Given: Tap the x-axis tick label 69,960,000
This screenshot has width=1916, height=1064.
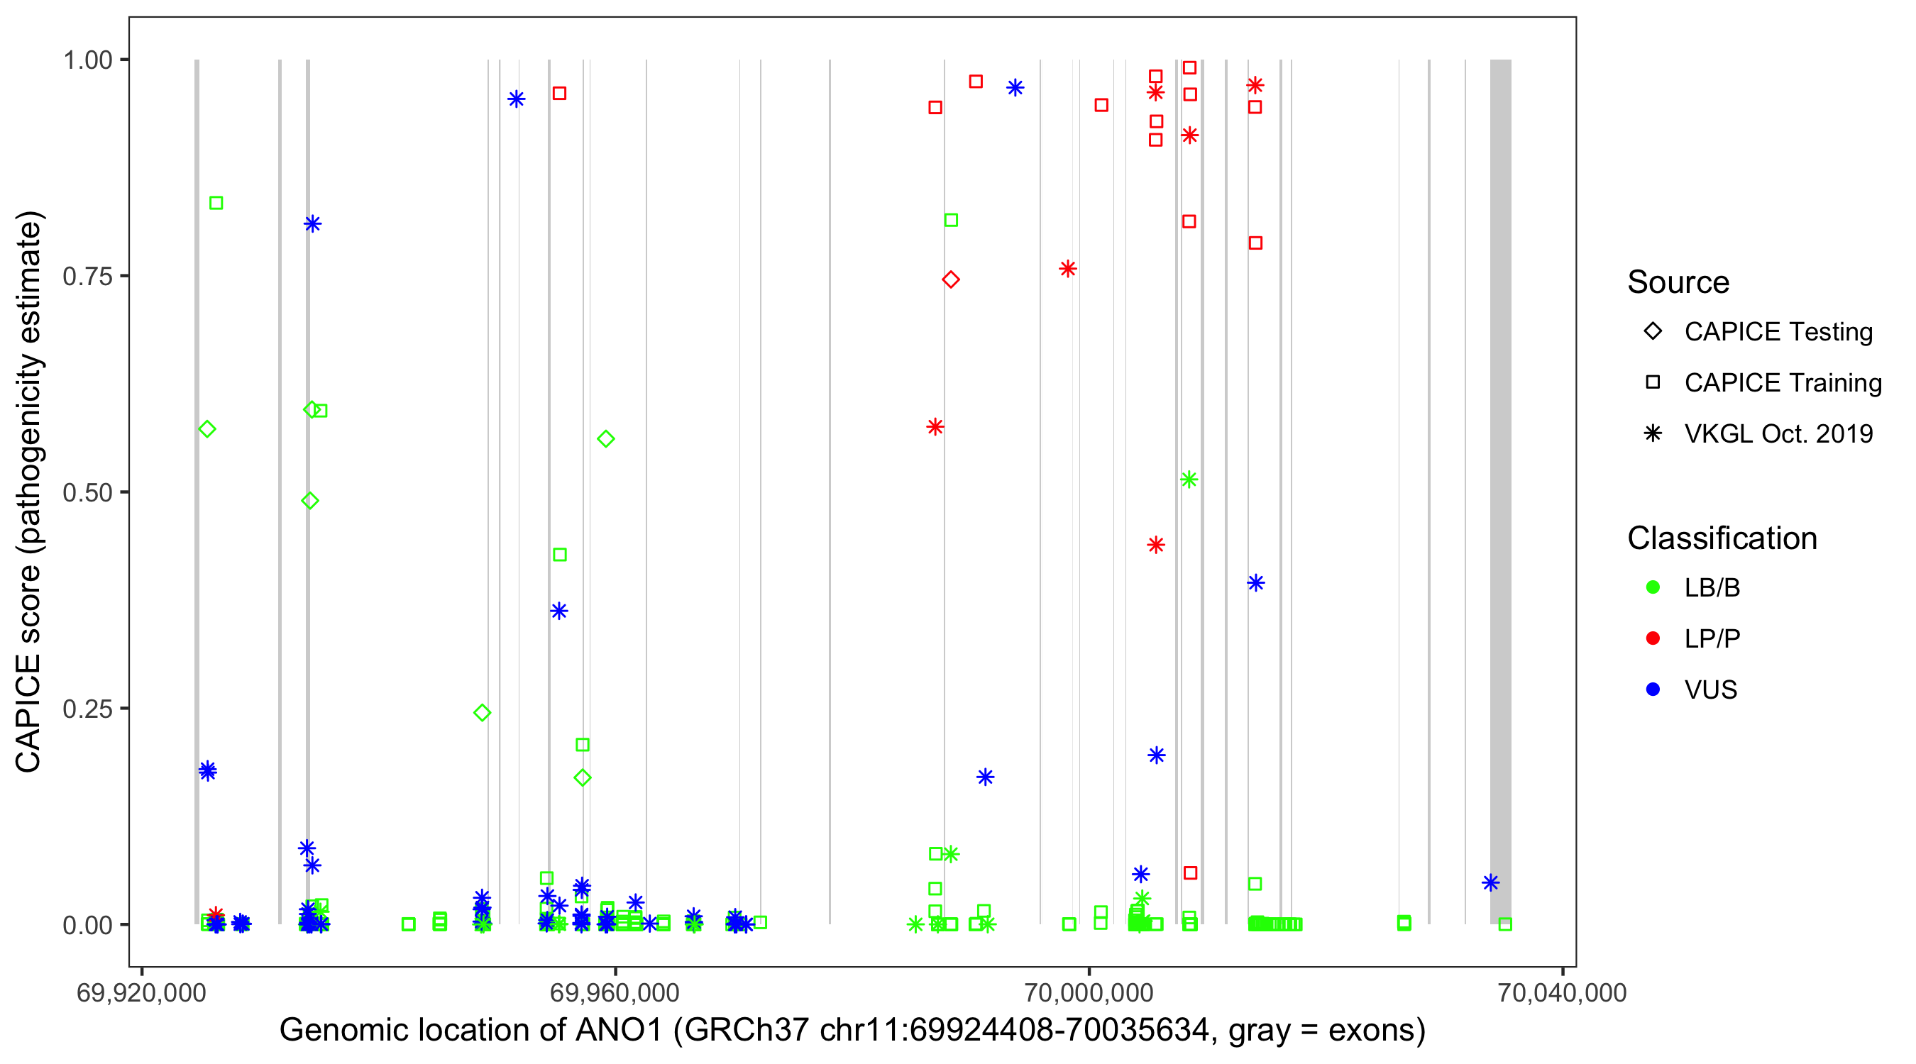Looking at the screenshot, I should click(x=615, y=992).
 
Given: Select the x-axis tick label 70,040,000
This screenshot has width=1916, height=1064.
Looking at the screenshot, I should click(x=1562, y=992).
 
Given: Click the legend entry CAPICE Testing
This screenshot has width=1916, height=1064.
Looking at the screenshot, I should click(x=1778, y=332).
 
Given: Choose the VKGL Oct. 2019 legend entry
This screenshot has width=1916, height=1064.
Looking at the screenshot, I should click(x=1778, y=434).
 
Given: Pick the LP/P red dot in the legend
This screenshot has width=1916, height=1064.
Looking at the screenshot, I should click(x=1653, y=638).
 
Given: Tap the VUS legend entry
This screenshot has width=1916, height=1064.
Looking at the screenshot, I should click(x=1710, y=690).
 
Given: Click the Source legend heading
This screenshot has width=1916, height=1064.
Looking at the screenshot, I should click(x=1678, y=282).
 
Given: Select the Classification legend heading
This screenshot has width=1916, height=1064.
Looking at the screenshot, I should click(x=1722, y=538).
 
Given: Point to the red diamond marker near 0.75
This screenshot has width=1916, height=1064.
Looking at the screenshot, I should click(x=951, y=279).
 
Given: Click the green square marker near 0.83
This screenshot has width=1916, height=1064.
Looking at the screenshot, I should click(x=216, y=203).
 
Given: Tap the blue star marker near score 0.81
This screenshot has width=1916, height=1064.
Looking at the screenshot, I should click(x=312, y=224).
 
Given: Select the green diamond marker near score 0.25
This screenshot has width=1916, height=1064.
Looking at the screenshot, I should click(x=482, y=713).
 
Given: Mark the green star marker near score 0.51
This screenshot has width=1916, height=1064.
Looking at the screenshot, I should click(x=1189, y=480).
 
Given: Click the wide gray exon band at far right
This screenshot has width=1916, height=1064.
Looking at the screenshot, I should click(x=1500, y=491).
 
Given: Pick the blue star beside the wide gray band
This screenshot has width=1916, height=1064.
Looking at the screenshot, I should click(x=1490, y=882).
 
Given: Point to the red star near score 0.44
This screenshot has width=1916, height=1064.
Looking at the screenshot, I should click(x=1156, y=545).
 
